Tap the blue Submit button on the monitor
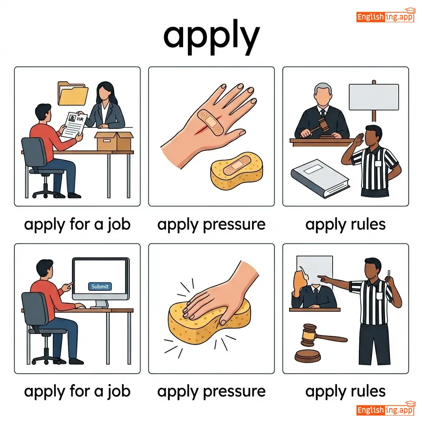pyautogui.click(x=100, y=286)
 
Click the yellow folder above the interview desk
pyautogui.click(x=73, y=94)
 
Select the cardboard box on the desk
pyautogui.click(x=114, y=141)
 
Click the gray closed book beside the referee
pyautogui.click(x=320, y=178)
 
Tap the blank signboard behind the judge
pyautogui.click(x=373, y=97)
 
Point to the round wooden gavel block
pyautogui.click(x=308, y=356)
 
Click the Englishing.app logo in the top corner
pyautogui.click(x=385, y=16)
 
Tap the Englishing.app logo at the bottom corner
pyautogui.click(x=385, y=409)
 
